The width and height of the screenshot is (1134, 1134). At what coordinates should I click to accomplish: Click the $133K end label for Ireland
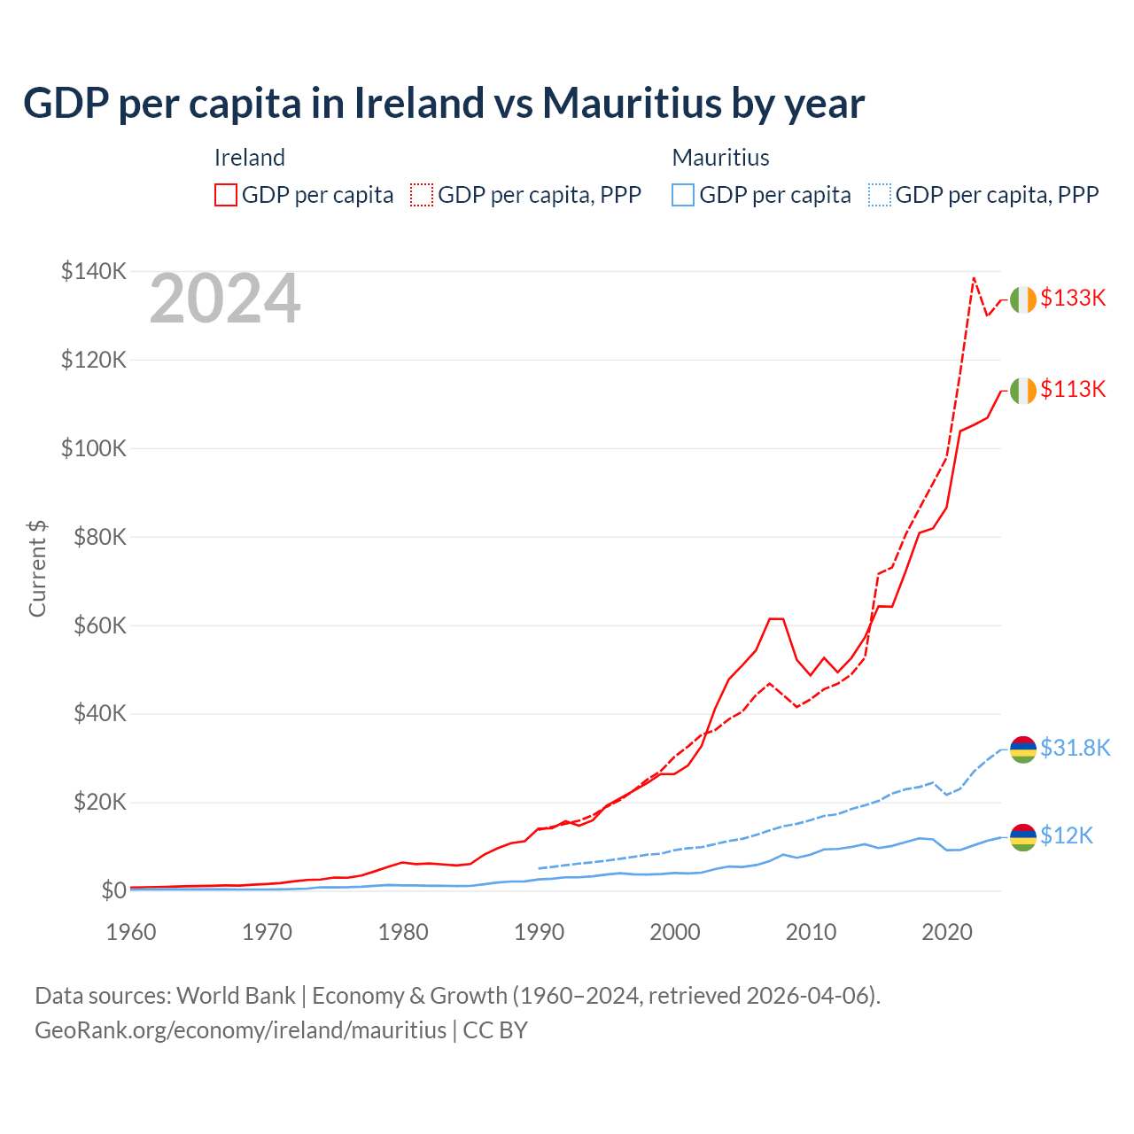tap(1073, 299)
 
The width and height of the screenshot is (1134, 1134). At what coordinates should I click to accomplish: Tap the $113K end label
tap(1073, 390)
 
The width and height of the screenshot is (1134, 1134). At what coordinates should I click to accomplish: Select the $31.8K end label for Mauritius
tap(1075, 749)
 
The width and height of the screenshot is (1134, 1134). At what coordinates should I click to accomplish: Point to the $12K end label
tap(1067, 836)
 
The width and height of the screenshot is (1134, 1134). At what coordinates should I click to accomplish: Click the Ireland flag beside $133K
tap(1023, 300)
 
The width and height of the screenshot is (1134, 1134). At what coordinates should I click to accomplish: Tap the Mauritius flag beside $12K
tap(1023, 837)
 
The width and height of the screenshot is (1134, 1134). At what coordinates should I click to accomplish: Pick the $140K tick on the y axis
tap(94, 271)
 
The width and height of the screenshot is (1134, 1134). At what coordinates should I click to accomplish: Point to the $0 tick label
tap(113, 890)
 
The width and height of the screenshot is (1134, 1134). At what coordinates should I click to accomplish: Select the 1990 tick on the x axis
tap(540, 932)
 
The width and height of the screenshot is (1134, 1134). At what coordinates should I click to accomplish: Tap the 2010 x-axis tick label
tap(812, 932)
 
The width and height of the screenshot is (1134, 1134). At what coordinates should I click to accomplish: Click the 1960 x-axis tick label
tap(131, 932)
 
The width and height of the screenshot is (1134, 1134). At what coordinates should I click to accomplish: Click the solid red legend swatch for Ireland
tap(226, 195)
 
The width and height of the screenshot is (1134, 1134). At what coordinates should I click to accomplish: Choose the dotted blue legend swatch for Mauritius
tap(880, 195)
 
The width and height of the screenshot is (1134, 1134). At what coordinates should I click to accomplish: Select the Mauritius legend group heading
tap(720, 158)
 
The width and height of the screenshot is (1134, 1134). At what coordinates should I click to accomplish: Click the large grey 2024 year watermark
tap(225, 299)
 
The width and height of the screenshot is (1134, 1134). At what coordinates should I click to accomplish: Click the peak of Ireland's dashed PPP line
tap(974, 278)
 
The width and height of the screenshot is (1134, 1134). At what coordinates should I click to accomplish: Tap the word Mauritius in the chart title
tap(631, 104)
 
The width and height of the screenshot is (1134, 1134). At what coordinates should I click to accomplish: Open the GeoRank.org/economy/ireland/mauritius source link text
tap(241, 1030)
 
